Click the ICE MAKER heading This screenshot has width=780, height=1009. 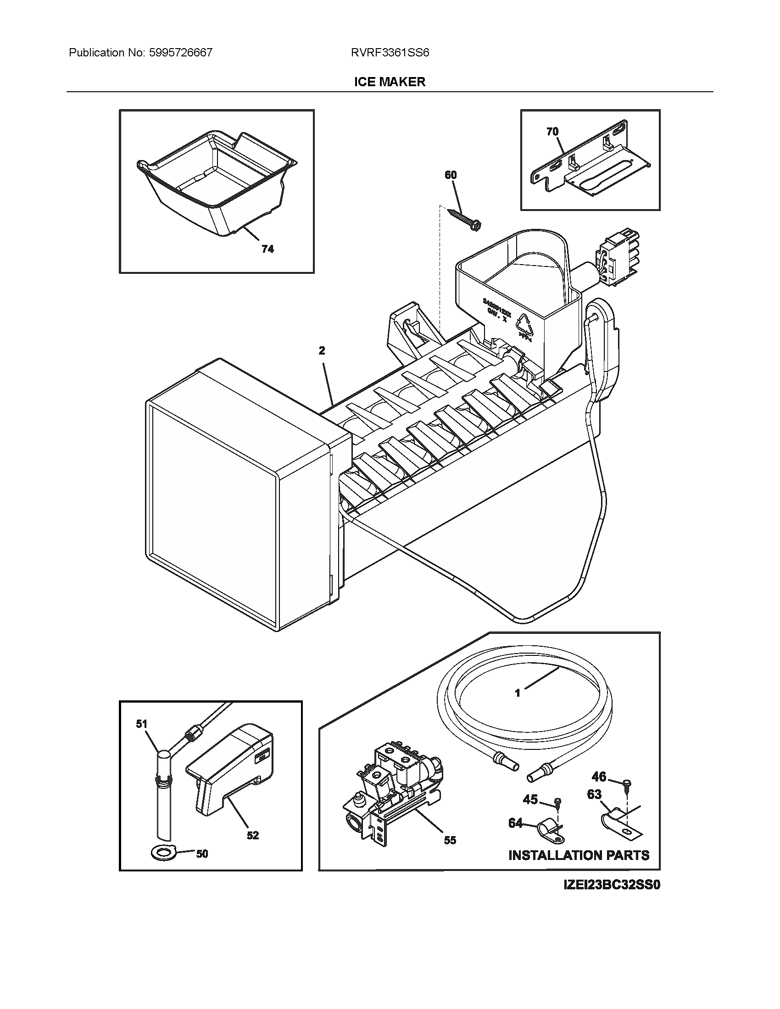pos(390,82)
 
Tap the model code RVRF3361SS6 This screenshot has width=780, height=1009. pos(390,53)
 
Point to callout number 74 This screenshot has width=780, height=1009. pos(267,249)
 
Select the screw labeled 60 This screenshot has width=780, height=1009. pos(464,218)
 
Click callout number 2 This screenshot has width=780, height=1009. pos(322,351)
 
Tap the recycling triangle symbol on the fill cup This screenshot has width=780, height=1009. pos(526,327)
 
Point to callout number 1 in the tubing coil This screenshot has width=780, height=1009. pos(518,706)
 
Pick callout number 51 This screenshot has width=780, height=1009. pos(141,724)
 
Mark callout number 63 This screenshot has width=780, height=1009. pos(594,794)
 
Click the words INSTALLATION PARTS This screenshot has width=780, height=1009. pos(579,855)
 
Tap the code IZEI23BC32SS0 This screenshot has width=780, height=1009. pos(612,885)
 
